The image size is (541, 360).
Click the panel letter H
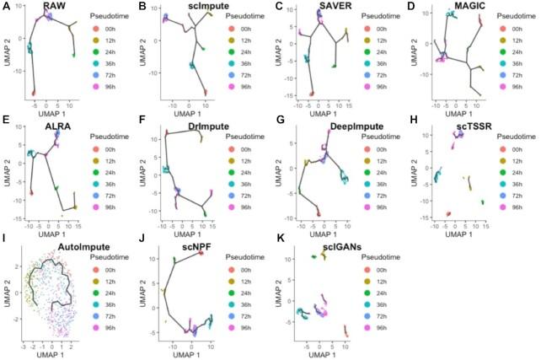410,126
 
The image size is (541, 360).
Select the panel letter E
6,126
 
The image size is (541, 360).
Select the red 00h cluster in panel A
35,92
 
